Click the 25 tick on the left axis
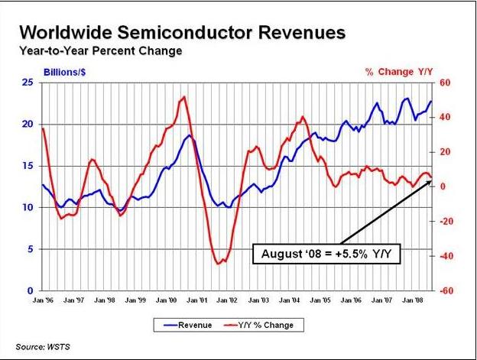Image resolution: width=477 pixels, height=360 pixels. [x=26, y=82]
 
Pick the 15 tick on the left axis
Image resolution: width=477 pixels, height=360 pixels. [x=26, y=166]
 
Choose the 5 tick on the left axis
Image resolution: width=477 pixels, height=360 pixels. [x=29, y=249]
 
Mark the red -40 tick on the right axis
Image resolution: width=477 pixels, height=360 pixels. [x=443, y=256]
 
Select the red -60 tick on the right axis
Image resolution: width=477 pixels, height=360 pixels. [x=443, y=291]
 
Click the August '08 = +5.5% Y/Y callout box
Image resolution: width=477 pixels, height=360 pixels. [x=328, y=251]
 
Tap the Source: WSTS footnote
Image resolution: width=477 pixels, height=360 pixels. [x=42, y=347]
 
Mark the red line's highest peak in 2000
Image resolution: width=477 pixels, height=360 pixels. [x=183, y=97]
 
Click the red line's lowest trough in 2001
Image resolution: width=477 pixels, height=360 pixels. [x=218, y=264]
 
